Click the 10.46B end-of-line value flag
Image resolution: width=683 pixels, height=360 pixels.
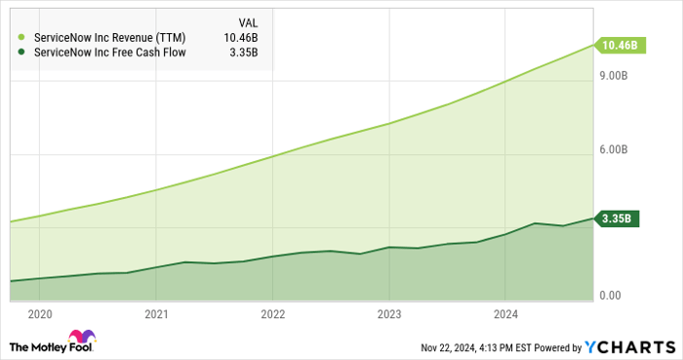(x=620, y=45)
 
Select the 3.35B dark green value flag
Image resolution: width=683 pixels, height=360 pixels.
(x=620, y=219)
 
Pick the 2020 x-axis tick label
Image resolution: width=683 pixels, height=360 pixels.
(x=40, y=314)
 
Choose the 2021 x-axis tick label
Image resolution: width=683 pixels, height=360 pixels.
(x=156, y=314)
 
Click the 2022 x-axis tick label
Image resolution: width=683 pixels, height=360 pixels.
(x=272, y=314)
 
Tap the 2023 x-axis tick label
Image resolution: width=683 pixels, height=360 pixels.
(x=388, y=314)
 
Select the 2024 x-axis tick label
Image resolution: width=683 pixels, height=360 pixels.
(x=504, y=314)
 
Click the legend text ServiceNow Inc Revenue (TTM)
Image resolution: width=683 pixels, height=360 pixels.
(x=109, y=38)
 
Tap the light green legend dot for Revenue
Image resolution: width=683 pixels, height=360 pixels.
(x=21, y=38)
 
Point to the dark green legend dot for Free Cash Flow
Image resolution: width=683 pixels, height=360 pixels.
(x=21, y=53)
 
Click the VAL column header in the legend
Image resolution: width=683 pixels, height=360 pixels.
(x=249, y=22)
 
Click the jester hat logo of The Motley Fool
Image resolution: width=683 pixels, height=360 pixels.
(x=20, y=344)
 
